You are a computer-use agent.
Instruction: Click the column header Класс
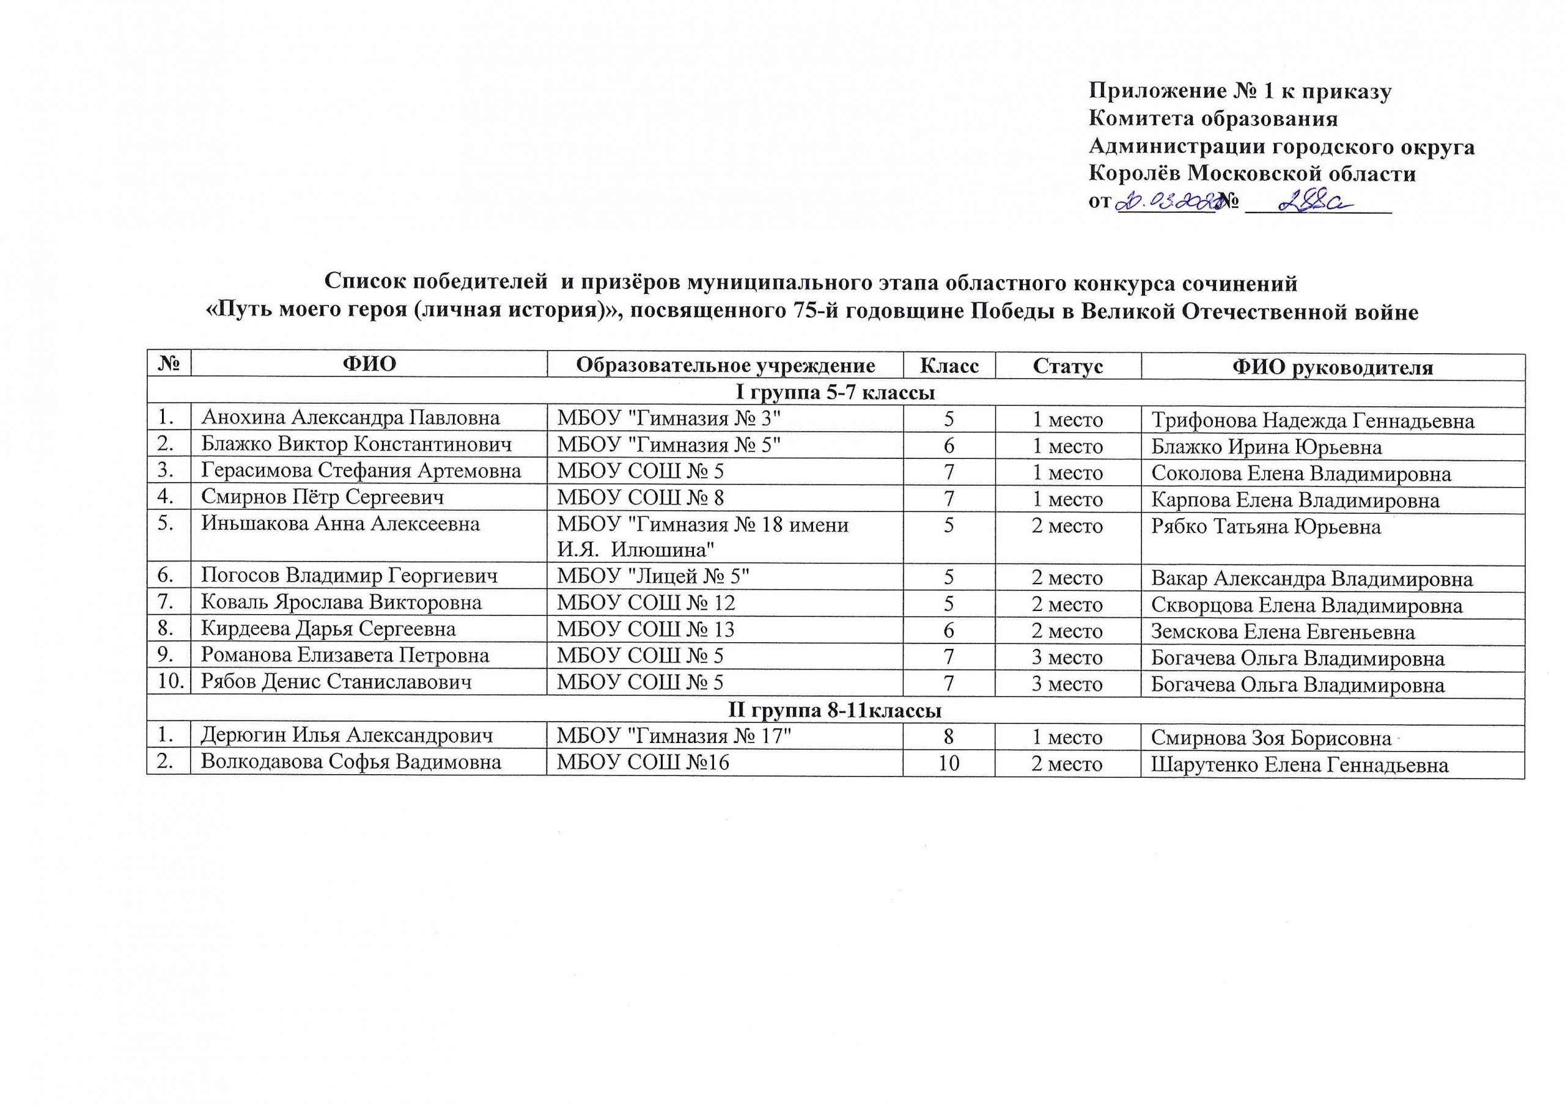coord(949,366)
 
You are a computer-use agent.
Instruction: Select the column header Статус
coord(1067,366)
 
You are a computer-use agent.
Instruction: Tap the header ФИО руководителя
coord(1333,367)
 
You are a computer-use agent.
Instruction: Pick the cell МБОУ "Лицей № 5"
coord(653,576)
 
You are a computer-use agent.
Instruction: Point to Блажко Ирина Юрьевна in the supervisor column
coord(1267,447)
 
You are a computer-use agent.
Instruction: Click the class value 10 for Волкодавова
coord(949,763)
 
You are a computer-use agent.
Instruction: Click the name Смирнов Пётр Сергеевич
coord(322,497)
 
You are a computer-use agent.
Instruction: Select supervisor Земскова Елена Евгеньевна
coord(1283,632)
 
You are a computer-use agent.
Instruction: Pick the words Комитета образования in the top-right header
coord(1213,119)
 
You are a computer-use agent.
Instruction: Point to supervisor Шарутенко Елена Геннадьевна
coord(1300,764)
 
